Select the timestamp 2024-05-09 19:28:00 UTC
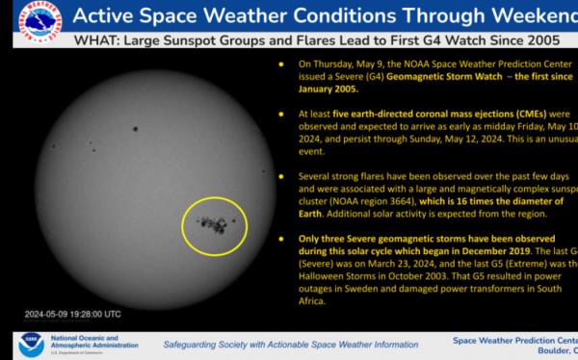pos(73,314)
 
